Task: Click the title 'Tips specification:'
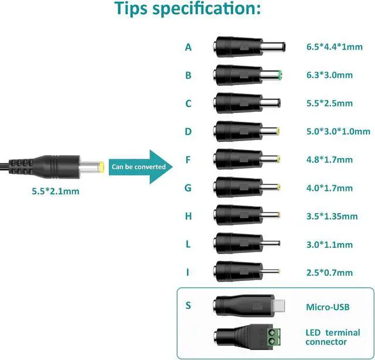(x=187, y=10)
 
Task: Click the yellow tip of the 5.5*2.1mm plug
(x=101, y=166)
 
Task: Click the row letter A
(x=188, y=47)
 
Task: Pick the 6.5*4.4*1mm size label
(x=335, y=47)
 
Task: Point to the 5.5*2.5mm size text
(x=329, y=104)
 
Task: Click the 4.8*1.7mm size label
(x=329, y=160)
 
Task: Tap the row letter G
(x=188, y=188)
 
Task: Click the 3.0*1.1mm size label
(x=329, y=245)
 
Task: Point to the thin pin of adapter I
(x=272, y=272)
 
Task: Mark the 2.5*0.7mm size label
(x=329, y=273)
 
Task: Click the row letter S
(x=188, y=306)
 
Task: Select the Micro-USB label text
(x=329, y=307)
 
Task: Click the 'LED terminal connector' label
(x=333, y=337)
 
